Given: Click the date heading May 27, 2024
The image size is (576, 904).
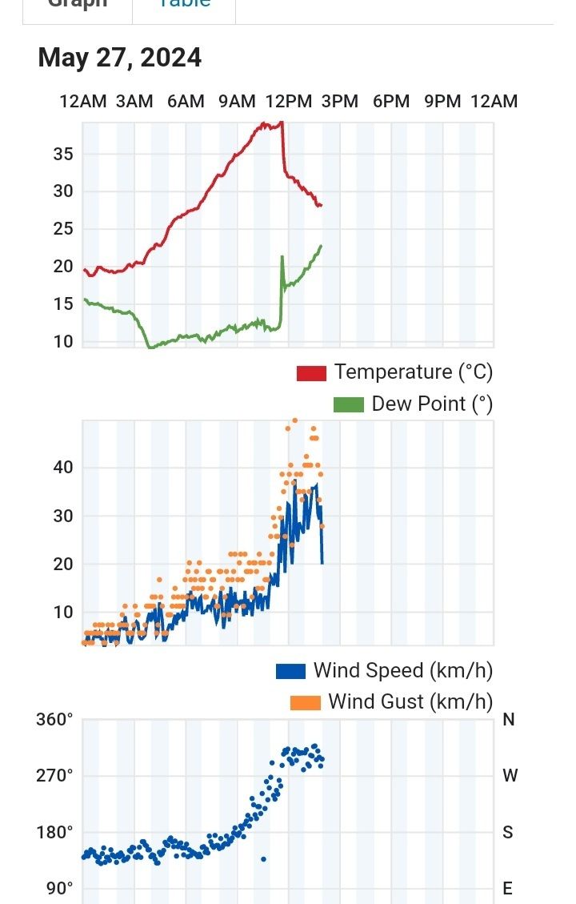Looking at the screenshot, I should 119,58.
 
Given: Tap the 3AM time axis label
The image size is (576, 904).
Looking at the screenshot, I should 134,102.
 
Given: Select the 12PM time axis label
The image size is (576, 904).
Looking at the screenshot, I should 288,102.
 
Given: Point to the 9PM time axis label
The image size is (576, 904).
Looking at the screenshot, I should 442,102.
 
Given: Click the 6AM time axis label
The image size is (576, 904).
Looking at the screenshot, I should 186,102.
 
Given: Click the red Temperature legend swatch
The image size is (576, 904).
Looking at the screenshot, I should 311,373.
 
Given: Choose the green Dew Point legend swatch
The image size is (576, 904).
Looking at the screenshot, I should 348,404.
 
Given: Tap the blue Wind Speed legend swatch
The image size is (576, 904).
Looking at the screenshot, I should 290,671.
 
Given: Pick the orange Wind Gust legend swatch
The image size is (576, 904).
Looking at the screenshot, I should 305,702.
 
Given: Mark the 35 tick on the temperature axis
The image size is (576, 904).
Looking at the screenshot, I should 63,154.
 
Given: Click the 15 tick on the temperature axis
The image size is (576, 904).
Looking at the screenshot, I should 63,304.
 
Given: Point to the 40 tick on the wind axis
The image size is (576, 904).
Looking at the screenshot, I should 63,468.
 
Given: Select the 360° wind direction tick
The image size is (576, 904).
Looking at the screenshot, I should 54,720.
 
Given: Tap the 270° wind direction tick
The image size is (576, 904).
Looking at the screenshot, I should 54,776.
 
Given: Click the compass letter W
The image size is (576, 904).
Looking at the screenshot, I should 510,776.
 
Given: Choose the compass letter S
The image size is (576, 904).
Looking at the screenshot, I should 507,833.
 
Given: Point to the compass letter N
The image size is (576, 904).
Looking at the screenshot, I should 509,720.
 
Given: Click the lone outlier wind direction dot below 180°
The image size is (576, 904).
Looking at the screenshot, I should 263,859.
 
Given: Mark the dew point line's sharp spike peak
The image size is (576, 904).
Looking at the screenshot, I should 282,256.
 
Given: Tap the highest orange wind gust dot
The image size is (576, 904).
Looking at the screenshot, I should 295,420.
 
